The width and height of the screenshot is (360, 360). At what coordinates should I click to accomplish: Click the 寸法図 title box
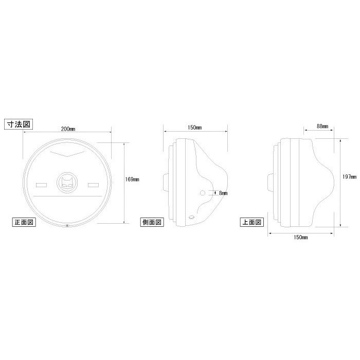coord(19,124)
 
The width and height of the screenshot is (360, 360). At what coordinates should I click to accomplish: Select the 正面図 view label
coord(24,222)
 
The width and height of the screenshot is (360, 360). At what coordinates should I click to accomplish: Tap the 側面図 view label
coord(152,222)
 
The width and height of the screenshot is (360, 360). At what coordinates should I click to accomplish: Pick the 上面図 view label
coord(252,222)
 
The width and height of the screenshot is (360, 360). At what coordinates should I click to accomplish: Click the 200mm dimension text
coord(68,129)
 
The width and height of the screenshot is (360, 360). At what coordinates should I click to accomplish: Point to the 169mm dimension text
coord(132,179)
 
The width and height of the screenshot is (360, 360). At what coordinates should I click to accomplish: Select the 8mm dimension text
coord(223,193)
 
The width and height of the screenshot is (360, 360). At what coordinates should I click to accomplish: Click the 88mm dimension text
coord(322,126)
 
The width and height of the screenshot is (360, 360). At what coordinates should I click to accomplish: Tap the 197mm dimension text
coord(349,177)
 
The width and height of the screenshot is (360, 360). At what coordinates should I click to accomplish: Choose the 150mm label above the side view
coord(195,128)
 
